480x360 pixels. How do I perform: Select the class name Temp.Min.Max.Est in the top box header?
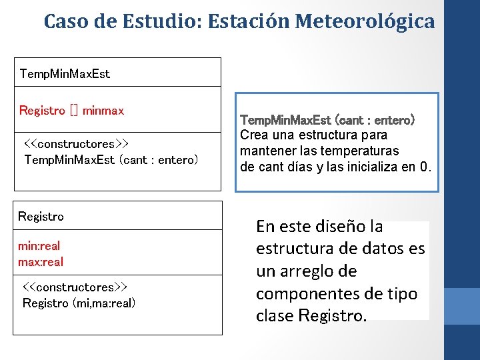coord(65,73)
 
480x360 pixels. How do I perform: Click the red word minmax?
coord(103,110)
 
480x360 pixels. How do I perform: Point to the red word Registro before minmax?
coord(42,110)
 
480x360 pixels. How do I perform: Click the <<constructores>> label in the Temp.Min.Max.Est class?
coord(76,144)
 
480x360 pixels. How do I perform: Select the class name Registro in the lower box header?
coord(41,216)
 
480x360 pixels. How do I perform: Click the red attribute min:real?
coord(39,246)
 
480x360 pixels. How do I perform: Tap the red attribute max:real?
coord(41,261)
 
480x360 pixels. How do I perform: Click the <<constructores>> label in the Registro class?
coord(75,287)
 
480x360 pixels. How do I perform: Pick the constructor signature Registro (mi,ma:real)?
coord(79,303)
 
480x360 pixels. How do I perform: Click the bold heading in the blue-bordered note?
coord(327,121)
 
